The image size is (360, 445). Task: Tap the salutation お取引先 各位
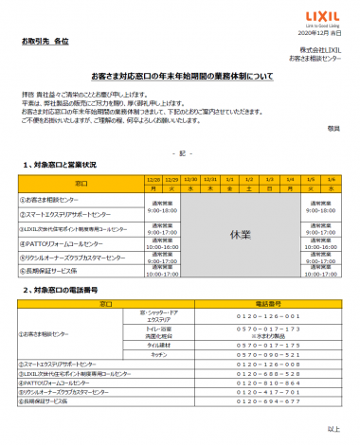coord(44,44)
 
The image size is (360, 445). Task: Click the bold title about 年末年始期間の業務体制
coord(179,72)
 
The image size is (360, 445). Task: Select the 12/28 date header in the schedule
coord(155,178)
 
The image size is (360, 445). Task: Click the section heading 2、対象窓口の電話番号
coord(66,290)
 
